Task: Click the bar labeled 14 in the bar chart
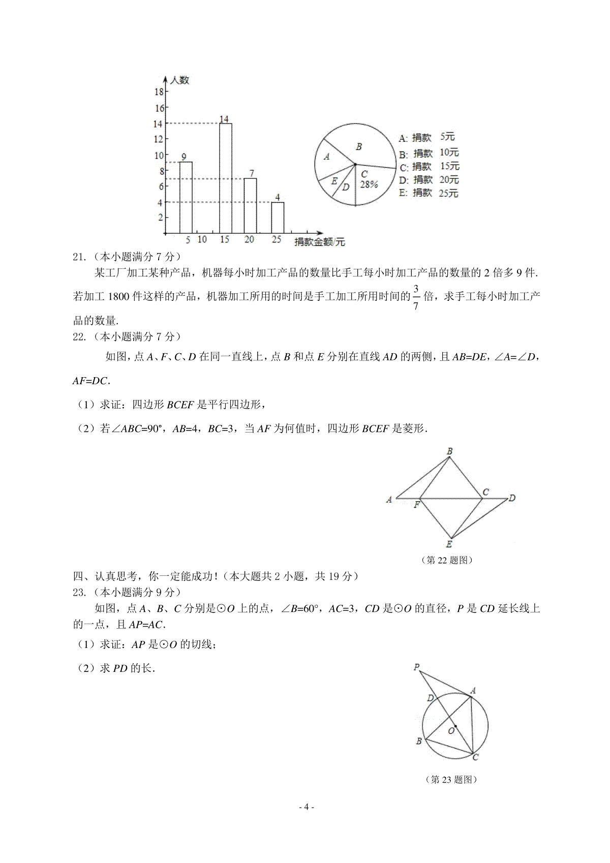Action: point(225,178)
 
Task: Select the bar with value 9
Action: point(186,197)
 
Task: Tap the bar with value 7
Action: point(250,205)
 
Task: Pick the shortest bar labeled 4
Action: point(278,218)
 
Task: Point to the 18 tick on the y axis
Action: point(159,91)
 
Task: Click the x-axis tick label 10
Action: point(202,239)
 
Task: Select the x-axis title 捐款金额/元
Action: point(319,242)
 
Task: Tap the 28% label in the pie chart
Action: point(369,184)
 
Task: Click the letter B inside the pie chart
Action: point(359,147)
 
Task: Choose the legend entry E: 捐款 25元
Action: point(428,193)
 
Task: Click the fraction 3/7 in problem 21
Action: point(416,297)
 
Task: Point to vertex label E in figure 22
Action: point(449,544)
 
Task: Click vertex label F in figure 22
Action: point(416,505)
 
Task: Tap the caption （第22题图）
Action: point(447,560)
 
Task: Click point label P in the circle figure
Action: point(416,667)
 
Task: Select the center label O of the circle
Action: point(451,731)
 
